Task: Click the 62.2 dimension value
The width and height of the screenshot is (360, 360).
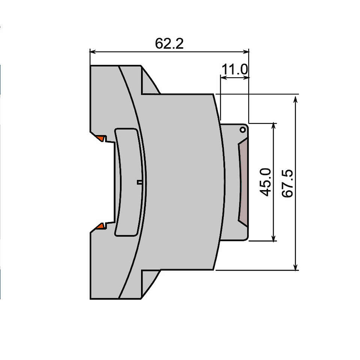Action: coord(169,43)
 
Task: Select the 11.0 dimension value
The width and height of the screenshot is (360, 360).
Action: coord(235,69)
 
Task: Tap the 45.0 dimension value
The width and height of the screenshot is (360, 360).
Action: coord(265,182)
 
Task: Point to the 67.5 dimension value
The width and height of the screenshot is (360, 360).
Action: coord(287,183)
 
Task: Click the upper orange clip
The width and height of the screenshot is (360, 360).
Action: coord(101,138)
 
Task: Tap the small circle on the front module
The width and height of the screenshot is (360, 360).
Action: coord(243,130)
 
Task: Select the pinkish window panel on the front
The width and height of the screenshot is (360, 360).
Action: coord(243,182)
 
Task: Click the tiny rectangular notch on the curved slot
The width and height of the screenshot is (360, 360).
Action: coord(139,182)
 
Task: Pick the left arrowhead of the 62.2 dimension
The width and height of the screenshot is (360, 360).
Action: coord(93,52)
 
